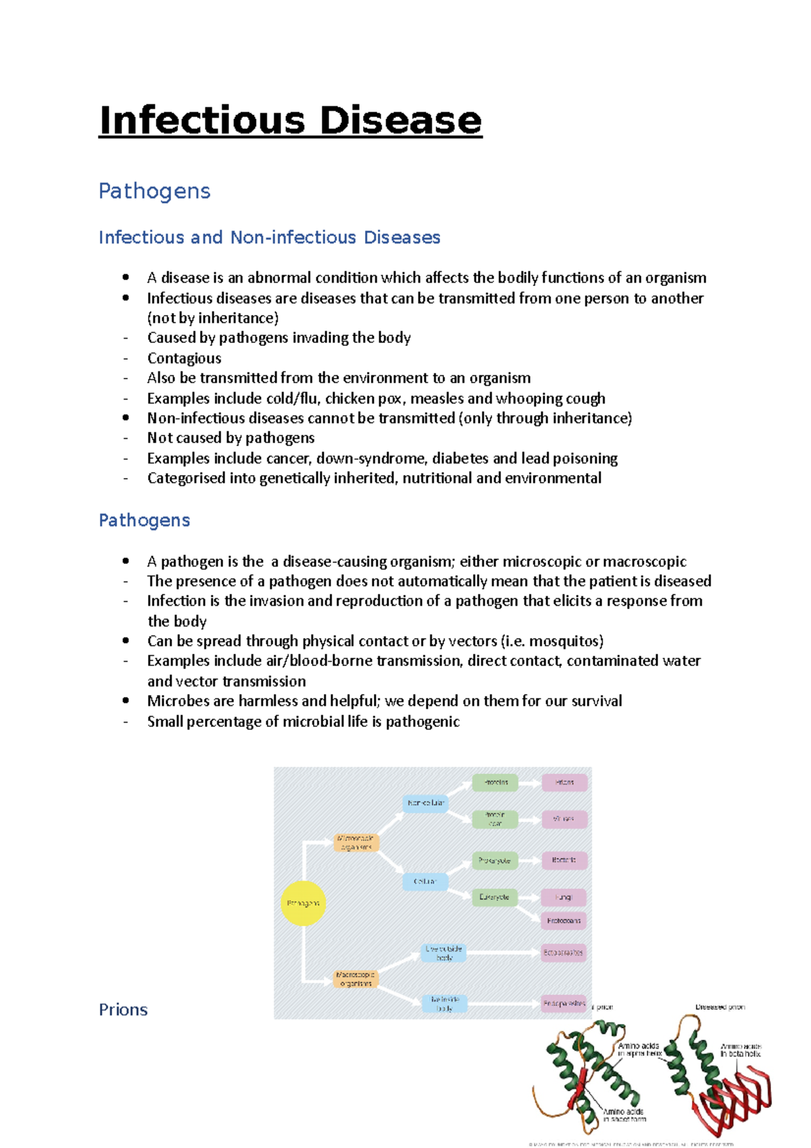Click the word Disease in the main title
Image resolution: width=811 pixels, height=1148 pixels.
click(400, 120)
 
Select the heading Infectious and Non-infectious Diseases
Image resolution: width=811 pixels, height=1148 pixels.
click(269, 237)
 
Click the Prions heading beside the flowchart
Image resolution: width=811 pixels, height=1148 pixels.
click(123, 1009)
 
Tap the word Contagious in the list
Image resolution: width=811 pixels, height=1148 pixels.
click(184, 358)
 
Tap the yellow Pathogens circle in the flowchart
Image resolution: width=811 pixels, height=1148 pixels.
click(303, 903)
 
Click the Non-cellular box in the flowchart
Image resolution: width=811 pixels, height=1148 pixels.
click(425, 803)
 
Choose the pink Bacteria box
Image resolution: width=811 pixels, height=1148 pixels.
click(564, 861)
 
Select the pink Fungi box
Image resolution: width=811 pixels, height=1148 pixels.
click(564, 897)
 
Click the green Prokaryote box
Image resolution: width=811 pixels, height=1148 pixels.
click(495, 861)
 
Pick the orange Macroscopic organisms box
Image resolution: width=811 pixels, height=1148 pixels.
click(355, 979)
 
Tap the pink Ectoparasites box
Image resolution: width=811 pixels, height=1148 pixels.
click(564, 953)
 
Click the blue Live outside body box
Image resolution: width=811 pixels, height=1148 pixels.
click(444, 953)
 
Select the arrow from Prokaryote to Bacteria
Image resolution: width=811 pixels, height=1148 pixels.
click(529, 861)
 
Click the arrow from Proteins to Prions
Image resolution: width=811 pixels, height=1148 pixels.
click(529, 783)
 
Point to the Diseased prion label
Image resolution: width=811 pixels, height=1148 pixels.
click(720, 1007)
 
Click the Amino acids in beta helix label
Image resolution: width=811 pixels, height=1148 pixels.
click(741, 1050)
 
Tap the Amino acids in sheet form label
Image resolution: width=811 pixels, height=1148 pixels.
click(624, 1115)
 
